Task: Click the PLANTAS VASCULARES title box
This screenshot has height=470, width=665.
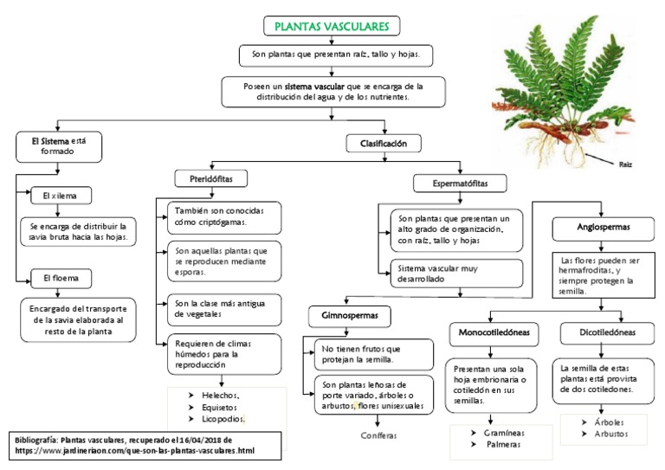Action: point(331,27)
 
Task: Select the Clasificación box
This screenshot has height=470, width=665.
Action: point(378,142)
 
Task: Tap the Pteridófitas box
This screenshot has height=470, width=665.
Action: point(211,178)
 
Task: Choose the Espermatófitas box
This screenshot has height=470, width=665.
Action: point(461,183)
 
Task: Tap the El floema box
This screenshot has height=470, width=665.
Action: point(60,279)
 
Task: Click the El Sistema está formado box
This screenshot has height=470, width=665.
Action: point(59,145)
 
